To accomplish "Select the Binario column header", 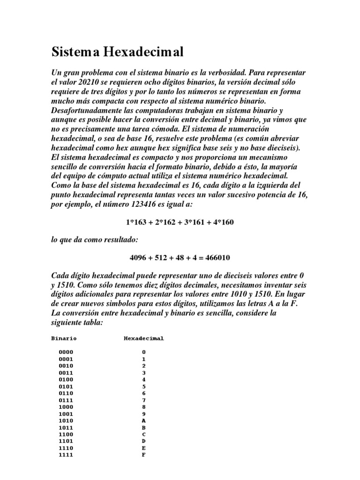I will pos(64,338).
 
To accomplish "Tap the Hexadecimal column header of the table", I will pos(144,338).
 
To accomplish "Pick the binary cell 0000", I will pos(66,352).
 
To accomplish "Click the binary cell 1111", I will pos(66,455).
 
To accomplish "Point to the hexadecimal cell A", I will pos(144,421).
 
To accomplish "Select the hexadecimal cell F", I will pos(144,455).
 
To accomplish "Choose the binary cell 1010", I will pos(66,421).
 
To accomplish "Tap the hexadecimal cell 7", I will pos(144,400).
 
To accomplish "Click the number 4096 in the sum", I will pos(138,258).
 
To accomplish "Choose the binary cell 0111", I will pos(66,400).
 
